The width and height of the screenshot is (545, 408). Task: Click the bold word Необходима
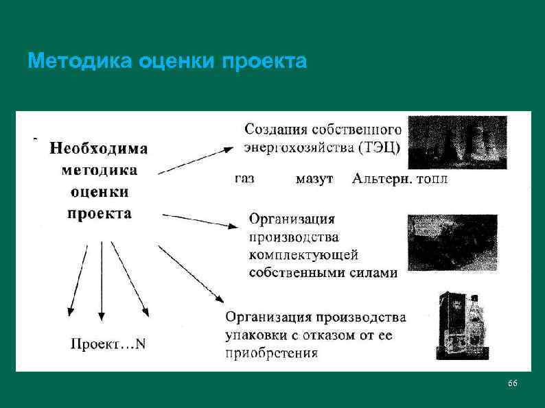coord(99,148)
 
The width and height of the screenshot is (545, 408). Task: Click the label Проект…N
coord(108,344)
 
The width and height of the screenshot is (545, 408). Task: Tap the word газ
coord(244,179)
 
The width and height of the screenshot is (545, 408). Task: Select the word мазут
coord(314,179)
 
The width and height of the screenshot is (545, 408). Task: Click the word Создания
coord(275,128)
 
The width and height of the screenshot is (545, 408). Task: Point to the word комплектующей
coord(303,255)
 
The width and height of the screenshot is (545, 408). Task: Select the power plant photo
coord(457,142)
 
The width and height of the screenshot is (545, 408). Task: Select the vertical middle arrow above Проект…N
coord(102,281)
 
